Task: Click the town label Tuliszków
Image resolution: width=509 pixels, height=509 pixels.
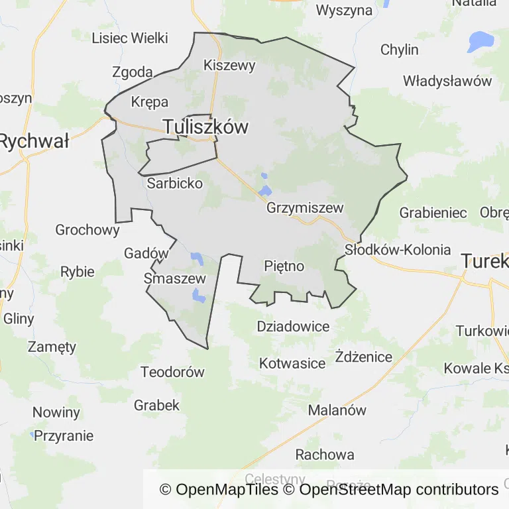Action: pyautogui.click(x=205, y=127)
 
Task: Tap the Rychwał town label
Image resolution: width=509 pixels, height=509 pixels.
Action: pyautogui.click(x=34, y=141)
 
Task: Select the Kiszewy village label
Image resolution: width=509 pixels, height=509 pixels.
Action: pyautogui.click(x=229, y=65)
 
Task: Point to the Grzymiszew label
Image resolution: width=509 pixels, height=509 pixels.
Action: pyautogui.click(x=305, y=208)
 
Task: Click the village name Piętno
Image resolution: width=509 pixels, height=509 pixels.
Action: pyautogui.click(x=284, y=266)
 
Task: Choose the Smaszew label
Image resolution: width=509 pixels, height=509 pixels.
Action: pyautogui.click(x=175, y=279)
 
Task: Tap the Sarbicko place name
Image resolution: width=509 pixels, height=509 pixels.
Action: pyautogui.click(x=175, y=184)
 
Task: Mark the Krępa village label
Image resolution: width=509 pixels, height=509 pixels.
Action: pyautogui.click(x=150, y=102)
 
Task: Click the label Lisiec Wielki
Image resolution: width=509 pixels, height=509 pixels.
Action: pyautogui.click(x=130, y=38)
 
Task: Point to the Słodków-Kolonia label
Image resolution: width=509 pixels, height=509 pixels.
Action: pyautogui.click(x=398, y=250)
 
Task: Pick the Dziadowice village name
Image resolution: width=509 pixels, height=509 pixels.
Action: pyautogui.click(x=293, y=327)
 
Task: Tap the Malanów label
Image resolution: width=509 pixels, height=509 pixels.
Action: pyautogui.click(x=337, y=410)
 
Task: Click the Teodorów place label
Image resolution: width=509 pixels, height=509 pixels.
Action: pyautogui.click(x=172, y=372)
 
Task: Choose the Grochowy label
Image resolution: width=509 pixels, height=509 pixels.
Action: pyautogui.click(x=87, y=231)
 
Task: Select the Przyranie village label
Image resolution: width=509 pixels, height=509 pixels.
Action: pyautogui.click(x=64, y=436)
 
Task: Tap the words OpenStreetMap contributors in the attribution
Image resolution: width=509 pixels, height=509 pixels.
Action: pyautogui.click(x=399, y=490)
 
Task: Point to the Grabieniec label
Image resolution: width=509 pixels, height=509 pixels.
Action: pyautogui.click(x=433, y=213)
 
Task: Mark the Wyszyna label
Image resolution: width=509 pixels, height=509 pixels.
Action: pyautogui.click(x=344, y=10)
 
